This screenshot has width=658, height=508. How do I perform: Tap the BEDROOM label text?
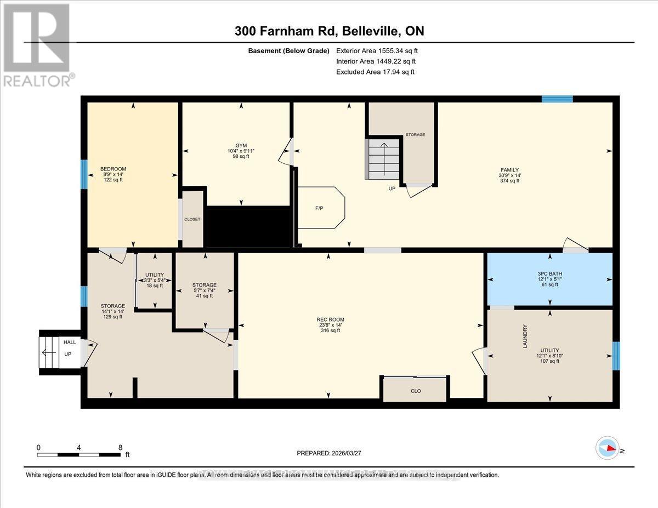coord(114,169)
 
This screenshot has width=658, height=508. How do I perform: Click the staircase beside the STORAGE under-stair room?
coord(384,159)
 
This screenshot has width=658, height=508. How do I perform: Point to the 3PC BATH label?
coord(549,274)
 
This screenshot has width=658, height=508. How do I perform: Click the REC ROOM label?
coord(330,319)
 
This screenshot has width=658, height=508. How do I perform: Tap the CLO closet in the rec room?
coord(416,391)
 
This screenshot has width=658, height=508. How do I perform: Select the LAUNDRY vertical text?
coord(525,336)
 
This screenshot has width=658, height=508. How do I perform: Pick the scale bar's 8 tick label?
coord(120,447)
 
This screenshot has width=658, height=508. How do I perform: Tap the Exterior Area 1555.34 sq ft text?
coord(381,51)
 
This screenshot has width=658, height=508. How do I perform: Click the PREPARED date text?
coord(329,453)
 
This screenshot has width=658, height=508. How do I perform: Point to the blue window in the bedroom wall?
coord(84,174)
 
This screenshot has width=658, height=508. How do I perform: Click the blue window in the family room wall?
coord(557,99)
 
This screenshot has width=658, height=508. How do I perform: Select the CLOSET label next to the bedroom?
coord(192,219)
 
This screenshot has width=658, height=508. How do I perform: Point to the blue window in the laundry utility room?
coord(615,356)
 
